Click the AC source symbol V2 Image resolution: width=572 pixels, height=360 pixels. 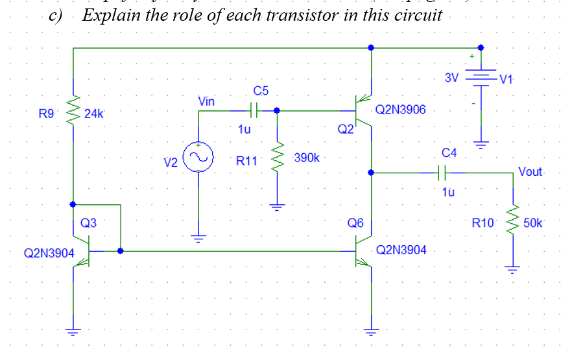(198, 158)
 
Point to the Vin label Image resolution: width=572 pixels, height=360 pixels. (206, 101)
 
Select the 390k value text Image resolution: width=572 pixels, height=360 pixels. (305, 158)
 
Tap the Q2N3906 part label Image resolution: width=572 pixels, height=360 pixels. (400, 110)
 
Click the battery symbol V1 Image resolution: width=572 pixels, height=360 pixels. (481, 78)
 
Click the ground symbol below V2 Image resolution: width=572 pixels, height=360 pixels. (198, 237)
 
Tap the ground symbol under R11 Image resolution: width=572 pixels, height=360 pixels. (278, 208)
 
